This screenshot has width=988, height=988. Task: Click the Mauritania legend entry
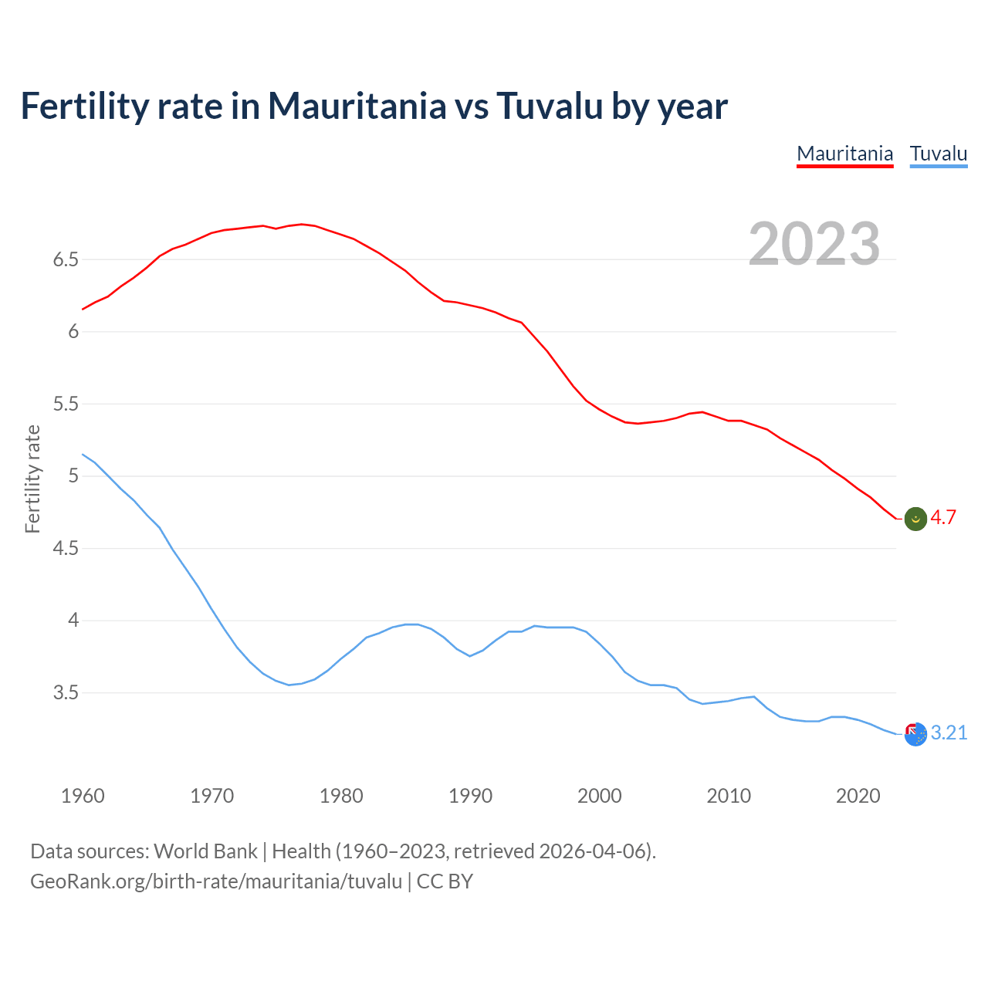pos(844,154)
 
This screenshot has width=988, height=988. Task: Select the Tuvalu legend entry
pos(938,154)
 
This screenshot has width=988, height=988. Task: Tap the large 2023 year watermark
pos(814,244)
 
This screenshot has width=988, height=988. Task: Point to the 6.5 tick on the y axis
pos(66,259)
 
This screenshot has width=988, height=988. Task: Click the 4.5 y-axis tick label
pos(66,548)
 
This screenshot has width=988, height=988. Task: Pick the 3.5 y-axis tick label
pos(66,692)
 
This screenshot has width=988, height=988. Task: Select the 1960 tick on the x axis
pos(83,796)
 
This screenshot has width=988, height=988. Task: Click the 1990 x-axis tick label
pos(470,796)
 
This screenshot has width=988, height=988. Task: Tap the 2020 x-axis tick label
pos(858,796)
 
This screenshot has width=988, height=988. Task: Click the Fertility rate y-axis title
pos(32,479)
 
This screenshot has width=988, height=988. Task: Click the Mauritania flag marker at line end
pos(915,519)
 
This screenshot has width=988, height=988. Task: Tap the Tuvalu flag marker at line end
pos(915,734)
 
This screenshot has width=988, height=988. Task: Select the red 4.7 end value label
pos(943,518)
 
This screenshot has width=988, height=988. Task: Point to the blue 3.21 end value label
pos(949,733)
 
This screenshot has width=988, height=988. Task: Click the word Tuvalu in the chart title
pos(549,106)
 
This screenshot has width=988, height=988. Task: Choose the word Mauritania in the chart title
pos(357,106)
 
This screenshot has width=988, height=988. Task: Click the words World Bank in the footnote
pos(205,851)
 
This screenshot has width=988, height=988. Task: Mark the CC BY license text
pos(445,881)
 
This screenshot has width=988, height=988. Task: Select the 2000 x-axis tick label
pos(599,796)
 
